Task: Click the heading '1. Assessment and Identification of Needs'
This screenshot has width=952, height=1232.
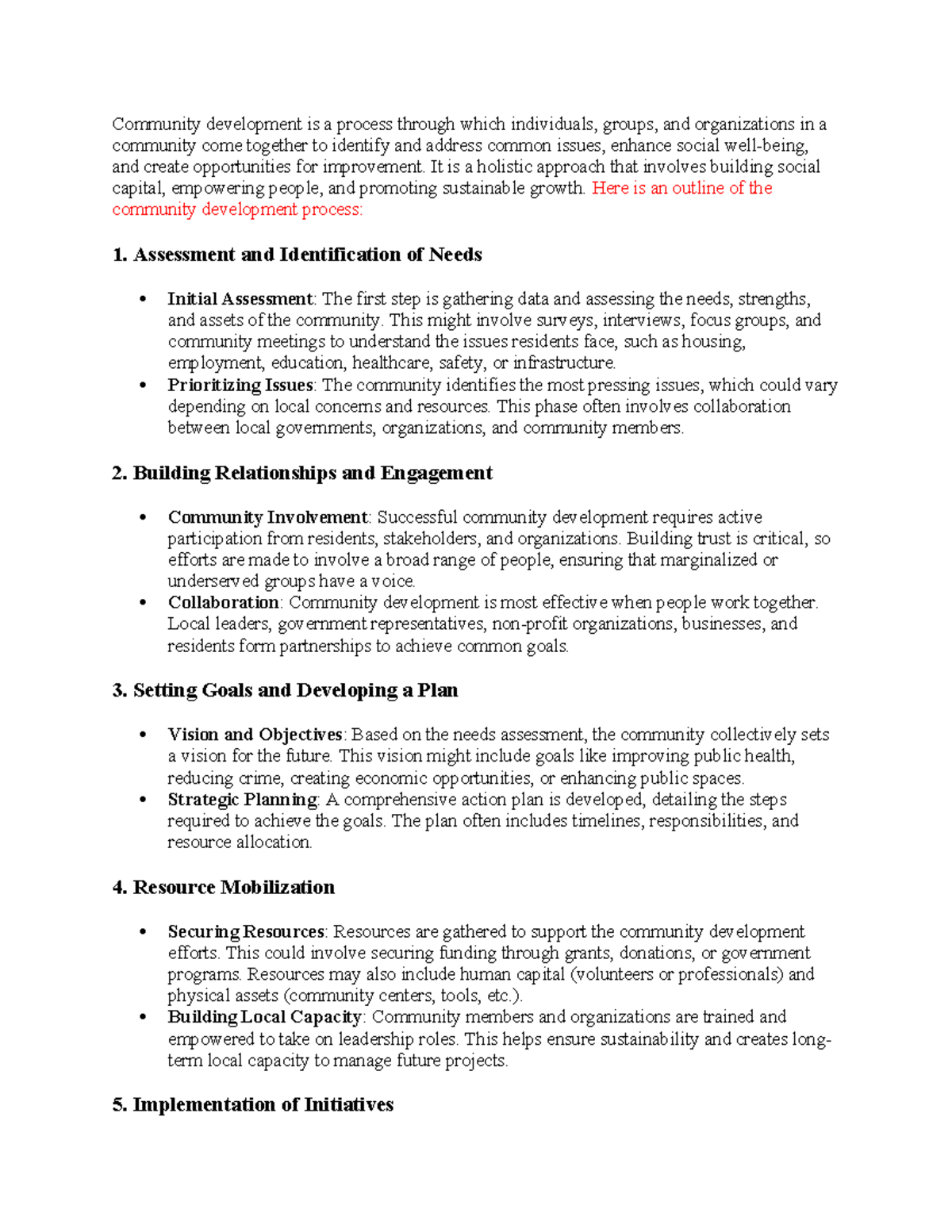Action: tap(297, 255)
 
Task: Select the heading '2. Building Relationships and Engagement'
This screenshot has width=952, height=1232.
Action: tap(302, 473)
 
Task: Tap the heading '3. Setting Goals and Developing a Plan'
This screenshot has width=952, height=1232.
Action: tap(285, 690)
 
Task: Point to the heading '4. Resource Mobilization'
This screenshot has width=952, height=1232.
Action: tap(224, 887)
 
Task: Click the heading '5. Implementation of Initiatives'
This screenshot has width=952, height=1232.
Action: tap(253, 1104)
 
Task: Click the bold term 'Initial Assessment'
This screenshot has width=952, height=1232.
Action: tap(240, 299)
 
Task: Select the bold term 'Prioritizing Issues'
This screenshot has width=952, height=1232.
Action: tap(240, 385)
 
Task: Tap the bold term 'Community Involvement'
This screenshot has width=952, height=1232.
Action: tap(267, 517)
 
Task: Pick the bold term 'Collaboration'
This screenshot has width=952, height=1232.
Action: tap(223, 602)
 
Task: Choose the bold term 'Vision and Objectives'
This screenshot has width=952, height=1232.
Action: tap(255, 735)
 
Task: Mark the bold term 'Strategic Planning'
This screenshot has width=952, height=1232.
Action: tap(242, 800)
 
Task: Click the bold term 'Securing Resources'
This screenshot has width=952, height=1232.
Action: tap(246, 931)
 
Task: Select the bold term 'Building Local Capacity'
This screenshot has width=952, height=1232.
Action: tap(264, 1017)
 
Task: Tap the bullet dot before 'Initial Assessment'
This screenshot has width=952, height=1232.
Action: tap(143, 300)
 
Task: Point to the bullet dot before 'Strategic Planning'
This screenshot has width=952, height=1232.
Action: tap(143, 800)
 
